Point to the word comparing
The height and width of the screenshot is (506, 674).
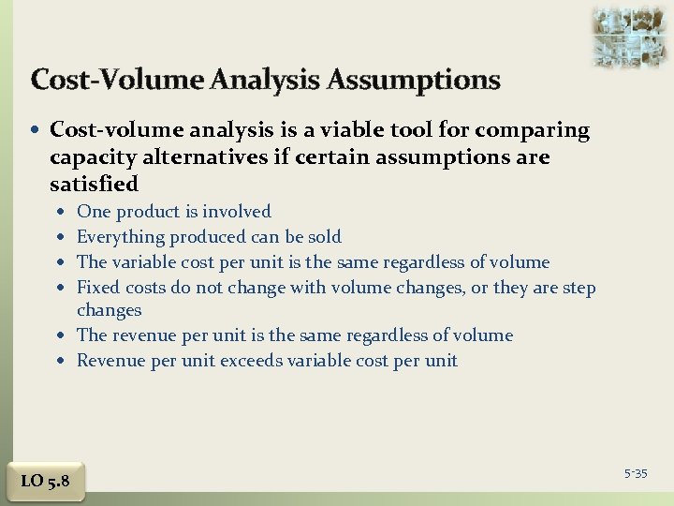click(x=535, y=131)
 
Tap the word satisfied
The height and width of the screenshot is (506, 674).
click(x=94, y=184)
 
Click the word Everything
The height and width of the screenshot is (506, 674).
click(x=119, y=237)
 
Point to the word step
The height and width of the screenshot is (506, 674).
click(x=579, y=287)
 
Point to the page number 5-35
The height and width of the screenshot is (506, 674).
click(x=636, y=474)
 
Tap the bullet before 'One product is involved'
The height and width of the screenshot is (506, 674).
click(x=61, y=213)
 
